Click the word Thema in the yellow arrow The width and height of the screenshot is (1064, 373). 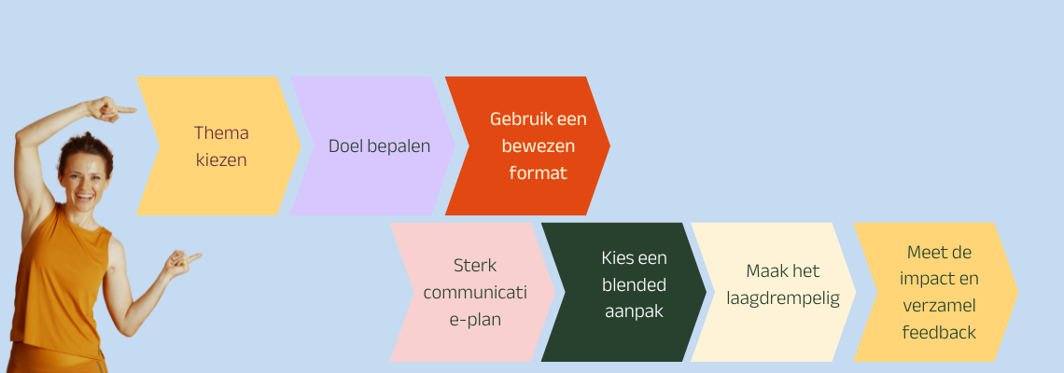[x=221, y=132]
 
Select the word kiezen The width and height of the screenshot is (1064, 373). [x=221, y=159]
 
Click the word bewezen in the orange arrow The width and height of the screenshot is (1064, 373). [x=539, y=145]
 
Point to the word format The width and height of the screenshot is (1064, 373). [x=539, y=173]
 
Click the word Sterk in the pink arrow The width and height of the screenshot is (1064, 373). [x=474, y=265]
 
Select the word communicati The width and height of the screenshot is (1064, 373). [x=474, y=292]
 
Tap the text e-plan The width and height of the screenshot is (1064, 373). [x=474, y=319]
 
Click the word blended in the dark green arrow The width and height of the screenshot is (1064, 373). [x=634, y=284]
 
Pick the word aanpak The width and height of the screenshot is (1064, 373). [x=634, y=311]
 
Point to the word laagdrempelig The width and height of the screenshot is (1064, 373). [x=781, y=298]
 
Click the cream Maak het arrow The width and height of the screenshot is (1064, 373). [x=781, y=271]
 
